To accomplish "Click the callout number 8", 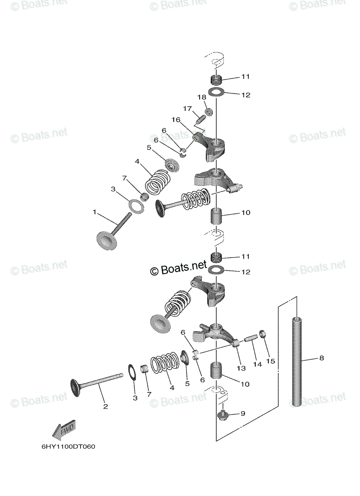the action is [x=322, y=358].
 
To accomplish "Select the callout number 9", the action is [x=243, y=413].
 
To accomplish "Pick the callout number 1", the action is [x=95, y=212].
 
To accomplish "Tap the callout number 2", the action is [x=106, y=406].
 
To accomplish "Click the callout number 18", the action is [x=202, y=97].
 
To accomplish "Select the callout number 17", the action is [x=187, y=109].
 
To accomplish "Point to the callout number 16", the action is [x=176, y=120].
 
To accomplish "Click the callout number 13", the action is [x=241, y=368].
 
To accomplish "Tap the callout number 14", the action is [x=257, y=364].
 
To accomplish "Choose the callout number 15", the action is [x=270, y=361].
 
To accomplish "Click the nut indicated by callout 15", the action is [x=262, y=340].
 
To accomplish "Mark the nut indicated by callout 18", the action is [x=208, y=112].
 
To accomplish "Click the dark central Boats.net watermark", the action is [x=179, y=268].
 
